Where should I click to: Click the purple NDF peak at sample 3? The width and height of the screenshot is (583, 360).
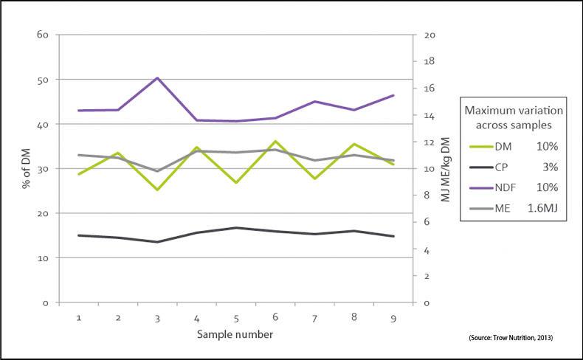(156, 77)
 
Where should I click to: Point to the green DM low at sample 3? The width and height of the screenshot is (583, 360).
(156, 190)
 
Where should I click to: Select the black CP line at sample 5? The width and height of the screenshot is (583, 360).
(235, 228)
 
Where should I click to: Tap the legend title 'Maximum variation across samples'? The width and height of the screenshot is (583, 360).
(513, 116)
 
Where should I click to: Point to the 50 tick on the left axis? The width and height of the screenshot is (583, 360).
(44, 80)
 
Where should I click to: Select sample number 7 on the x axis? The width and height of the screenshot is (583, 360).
(314, 317)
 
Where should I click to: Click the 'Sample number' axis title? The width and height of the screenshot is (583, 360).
(235, 334)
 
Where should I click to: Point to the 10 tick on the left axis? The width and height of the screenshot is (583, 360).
(44, 258)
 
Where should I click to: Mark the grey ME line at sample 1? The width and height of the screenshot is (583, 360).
(78, 155)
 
